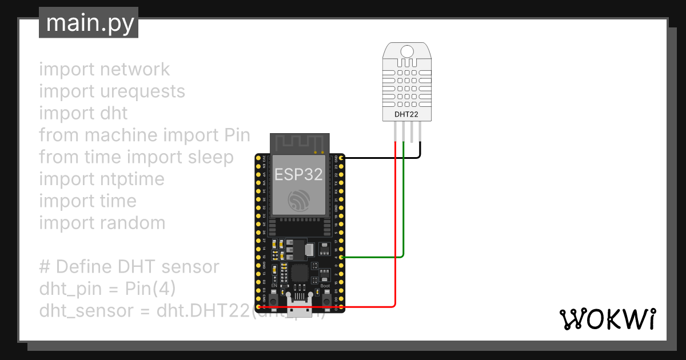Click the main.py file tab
[89, 23]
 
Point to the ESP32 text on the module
[298, 174]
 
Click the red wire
[395, 229]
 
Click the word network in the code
[134, 70]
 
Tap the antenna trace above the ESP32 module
[300, 142]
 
